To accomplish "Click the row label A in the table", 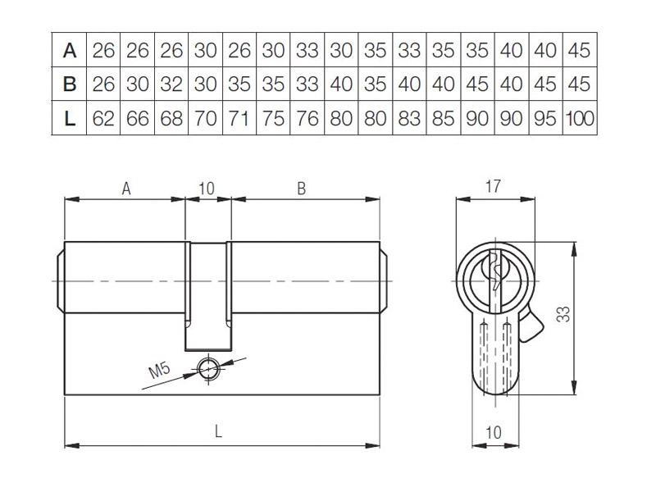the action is click(70, 50).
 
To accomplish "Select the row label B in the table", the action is click(70, 84).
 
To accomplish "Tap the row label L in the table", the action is click(70, 118).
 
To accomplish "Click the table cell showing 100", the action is click(580, 118).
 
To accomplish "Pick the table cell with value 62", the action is click(103, 118).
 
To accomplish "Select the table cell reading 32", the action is click(171, 84).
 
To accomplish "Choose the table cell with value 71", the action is click(239, 118).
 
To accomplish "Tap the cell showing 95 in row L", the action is click(545, 118).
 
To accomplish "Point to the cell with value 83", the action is click(409, 118).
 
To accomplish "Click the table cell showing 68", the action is click(171, 118).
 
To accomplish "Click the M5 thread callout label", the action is click(160, 370).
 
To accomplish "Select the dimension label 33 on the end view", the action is click(563, 314).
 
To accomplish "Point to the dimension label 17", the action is click(493, 187).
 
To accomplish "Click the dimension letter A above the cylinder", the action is click(126, 189).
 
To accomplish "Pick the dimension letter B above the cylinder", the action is click(301, 189).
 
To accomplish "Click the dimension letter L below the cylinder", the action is click(218, 431).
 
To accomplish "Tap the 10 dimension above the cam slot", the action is click(207, 189).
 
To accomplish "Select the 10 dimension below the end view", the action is click(494, 432).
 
